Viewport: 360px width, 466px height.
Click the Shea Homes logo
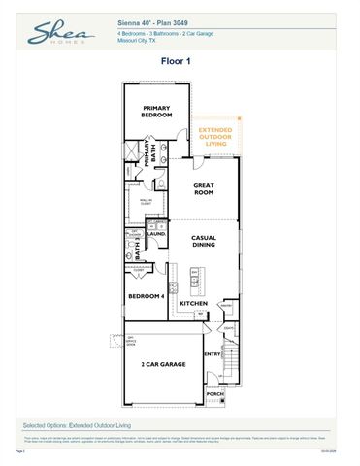57,35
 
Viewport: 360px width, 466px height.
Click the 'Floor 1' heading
179,60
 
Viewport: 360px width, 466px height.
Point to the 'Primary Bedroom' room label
156,111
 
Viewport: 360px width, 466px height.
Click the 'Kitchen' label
193,304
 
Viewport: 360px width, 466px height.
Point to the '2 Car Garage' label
162,364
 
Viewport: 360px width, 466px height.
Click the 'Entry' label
213,355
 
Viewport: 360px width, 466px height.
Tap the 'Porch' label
214,394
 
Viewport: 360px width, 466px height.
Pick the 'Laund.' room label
155,233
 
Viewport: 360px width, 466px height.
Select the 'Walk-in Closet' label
145,203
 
